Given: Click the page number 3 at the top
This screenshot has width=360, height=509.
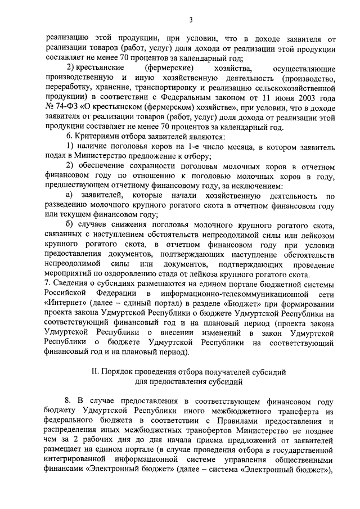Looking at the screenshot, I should [191, 21].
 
